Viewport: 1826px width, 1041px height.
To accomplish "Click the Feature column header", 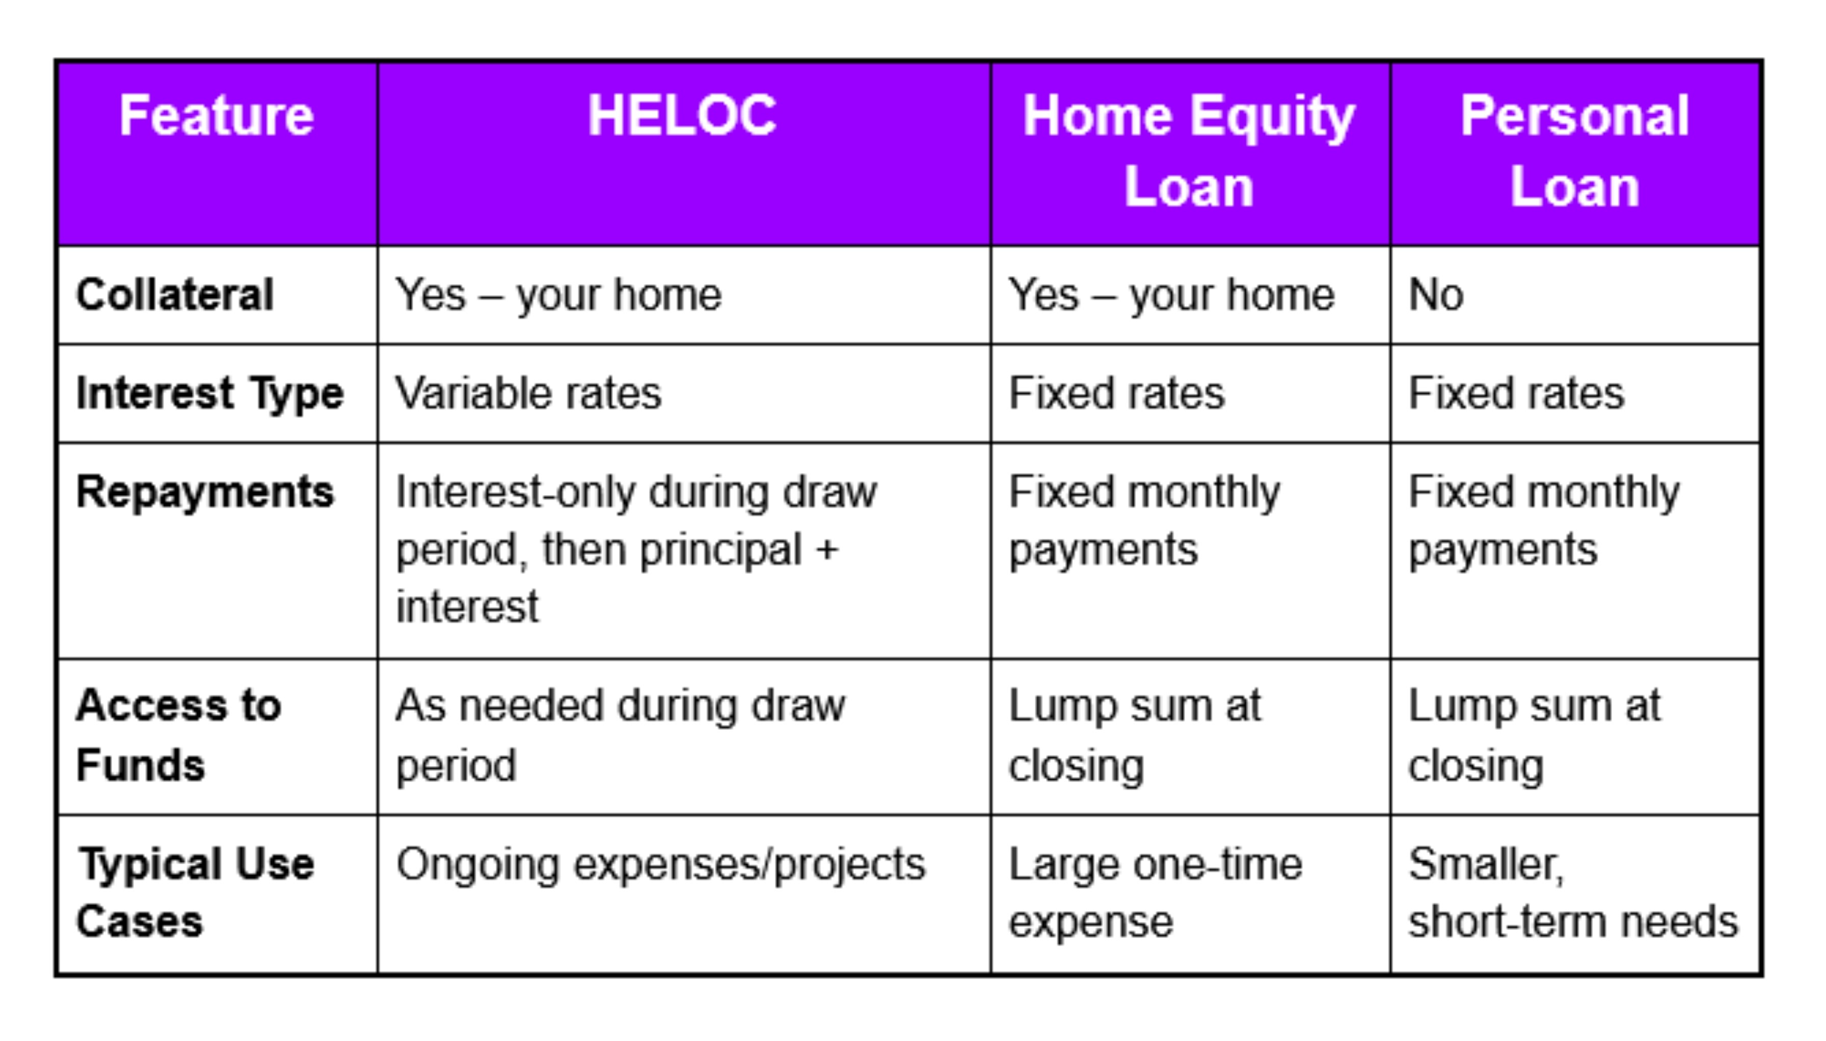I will click(x=217, y=116).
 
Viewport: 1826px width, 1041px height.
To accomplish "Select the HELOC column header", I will click(x=682, y=116).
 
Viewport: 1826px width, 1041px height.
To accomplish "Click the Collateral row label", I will click(x=175, y=294).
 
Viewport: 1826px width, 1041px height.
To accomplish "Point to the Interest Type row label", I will click(x=209, y=393).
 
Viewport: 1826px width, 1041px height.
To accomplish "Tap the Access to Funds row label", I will click(x=178, y=735).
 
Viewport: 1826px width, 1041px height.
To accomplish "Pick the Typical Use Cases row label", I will click(x=195, y=892).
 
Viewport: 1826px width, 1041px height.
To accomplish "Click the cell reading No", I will click(x=1436, y=294).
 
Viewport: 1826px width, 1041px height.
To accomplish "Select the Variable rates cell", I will click(x=528, y=393).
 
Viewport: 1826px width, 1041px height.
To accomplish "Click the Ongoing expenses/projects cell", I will click(x=661, y=864).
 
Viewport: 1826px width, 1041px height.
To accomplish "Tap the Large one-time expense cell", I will click(x=1155, y=892).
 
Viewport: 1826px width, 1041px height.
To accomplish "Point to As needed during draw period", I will click(x=620, y=735).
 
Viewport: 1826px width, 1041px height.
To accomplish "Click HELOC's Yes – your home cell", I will click(x=558, y=294).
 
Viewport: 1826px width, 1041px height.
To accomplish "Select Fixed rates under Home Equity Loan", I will click(x=1116, y=393).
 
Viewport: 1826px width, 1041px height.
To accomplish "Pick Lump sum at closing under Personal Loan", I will click(x=1534, y=735).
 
